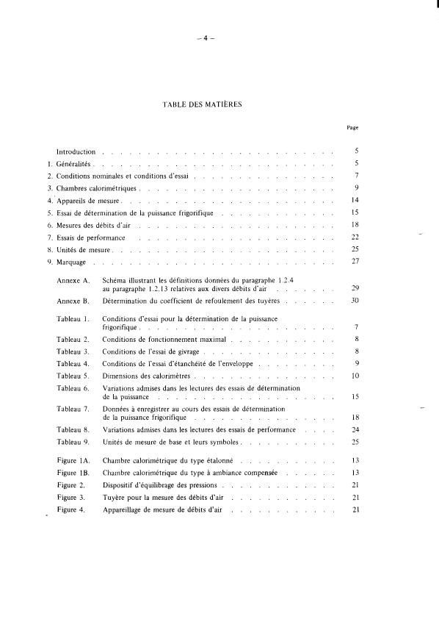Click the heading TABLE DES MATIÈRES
(x=203, y=104)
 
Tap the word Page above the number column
(x=352, y=128)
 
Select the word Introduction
(x=76, y=151)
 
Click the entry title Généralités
(x=76, y=163)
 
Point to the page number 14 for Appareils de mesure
(x=355, y=200)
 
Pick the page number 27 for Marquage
(x=355, y=262)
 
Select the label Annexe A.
(x=73, y=281)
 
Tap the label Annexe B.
(x=73, y=301)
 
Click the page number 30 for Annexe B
(x=355, y=301)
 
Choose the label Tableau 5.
(x=73, y=376)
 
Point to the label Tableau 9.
(x=73, y=442)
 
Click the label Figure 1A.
(x=73, y=460)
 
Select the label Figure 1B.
(x=73, y=473)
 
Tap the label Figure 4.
(x=71, y=509)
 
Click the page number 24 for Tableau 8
(x=355, y=429)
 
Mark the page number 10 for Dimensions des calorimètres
(x=355, y=376)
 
